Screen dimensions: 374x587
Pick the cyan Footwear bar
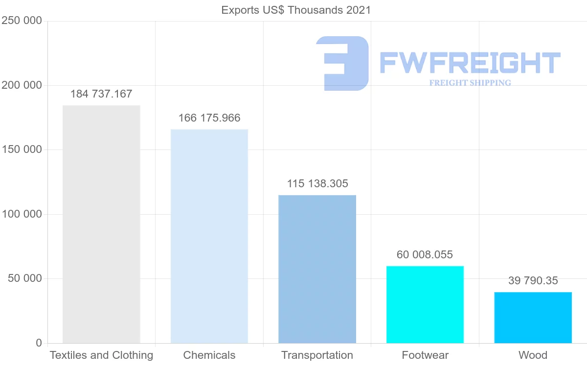425,304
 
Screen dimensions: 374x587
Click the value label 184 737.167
101,94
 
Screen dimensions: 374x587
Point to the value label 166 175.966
209,118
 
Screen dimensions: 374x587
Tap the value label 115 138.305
317,184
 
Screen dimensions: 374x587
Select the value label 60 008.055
425,255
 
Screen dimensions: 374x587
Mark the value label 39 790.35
533,281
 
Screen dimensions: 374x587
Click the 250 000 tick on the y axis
22,21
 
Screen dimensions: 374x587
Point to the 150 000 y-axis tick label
22,150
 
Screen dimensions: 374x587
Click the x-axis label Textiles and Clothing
101,355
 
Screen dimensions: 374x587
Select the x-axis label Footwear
425,355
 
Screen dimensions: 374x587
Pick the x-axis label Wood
533,355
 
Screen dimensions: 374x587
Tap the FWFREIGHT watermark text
470,63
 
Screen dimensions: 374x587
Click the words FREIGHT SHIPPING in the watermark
470,83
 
